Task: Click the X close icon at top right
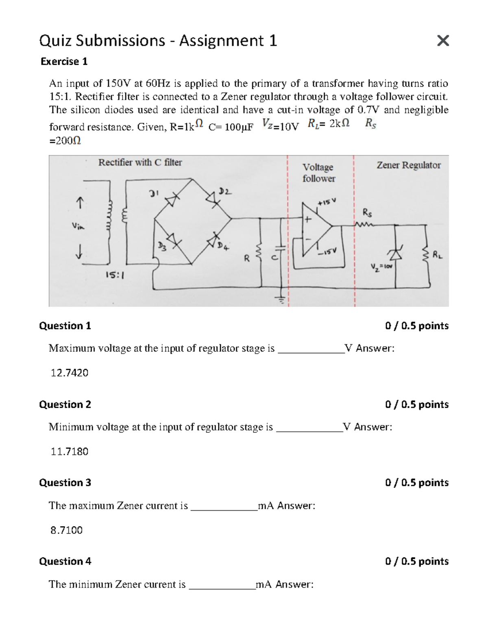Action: (442, 41)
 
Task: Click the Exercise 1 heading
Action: (64, 61)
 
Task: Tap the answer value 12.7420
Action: (69, 373)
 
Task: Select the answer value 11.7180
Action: (69, 451)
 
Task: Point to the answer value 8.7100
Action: (66, 530)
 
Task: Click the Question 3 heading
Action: (65, 483)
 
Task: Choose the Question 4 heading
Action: (65, 561)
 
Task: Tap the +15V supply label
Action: (327, 202)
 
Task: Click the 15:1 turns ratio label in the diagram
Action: (115, 275)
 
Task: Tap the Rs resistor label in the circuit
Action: (366, 213)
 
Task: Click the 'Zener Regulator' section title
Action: (408, 165)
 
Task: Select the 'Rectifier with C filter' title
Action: (140, 162)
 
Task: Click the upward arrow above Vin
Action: (79, 203)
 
